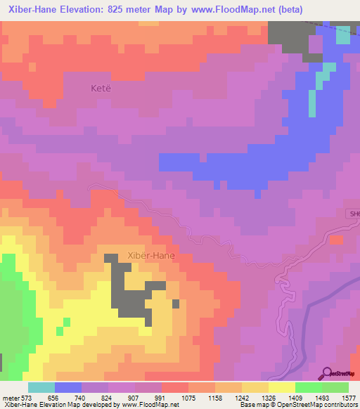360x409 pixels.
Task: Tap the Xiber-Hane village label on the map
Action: [x=150, y=256]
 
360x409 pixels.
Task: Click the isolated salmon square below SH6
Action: [x=336, y=240]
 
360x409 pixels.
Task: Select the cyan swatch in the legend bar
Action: [x=41, y=387]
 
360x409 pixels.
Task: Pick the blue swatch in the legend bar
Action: [x=68, y=387]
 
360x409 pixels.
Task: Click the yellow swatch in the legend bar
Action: [x=282, y=387]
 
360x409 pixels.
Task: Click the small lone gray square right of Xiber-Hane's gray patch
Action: [x=176, y=304]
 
